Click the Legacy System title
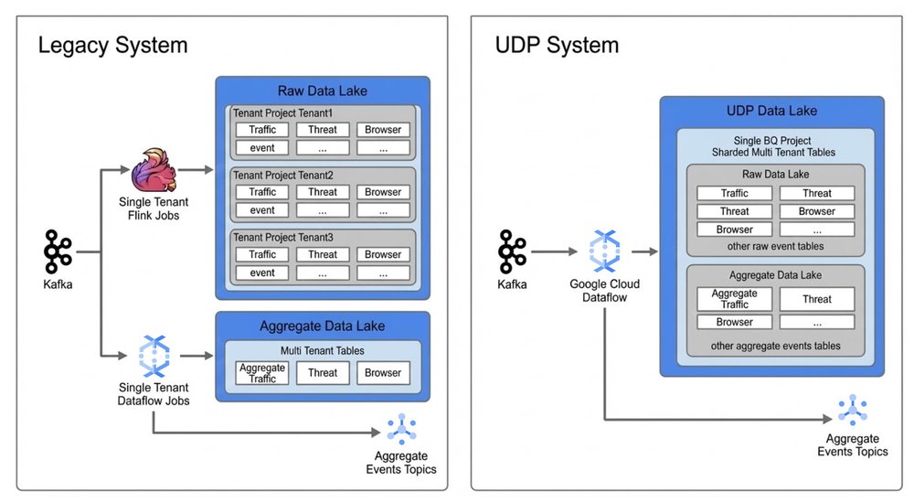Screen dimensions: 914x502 pos(113,46)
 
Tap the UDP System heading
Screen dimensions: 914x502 pos(557,46)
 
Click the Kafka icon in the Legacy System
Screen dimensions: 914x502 pos(58,251)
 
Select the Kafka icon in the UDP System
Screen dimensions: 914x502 pos(513,251)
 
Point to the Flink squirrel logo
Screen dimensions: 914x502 pos(154,170)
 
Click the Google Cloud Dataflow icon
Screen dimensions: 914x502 pos(604,251)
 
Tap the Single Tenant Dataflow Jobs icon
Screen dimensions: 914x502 pos(154,356)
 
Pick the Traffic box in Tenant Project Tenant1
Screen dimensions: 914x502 pos(262,130)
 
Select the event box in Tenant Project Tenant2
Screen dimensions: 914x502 pos(262,210)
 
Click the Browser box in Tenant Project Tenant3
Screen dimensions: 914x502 pos(383,254)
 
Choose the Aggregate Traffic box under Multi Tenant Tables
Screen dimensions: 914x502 pos(262,373)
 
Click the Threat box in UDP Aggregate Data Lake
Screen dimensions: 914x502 pos(816,299)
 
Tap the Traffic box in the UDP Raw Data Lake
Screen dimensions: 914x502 pos(735,193)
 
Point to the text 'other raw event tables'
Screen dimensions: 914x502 pos(775,246)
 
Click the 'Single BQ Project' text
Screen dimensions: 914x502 pos(771,141)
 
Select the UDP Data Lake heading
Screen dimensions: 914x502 pos(771,111)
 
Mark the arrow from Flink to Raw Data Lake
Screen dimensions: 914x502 pos(196,170)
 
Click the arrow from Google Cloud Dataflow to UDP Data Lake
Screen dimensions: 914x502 pos(644,251)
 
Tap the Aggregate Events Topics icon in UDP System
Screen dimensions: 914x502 pos(853,411)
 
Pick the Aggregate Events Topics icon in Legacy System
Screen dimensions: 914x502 pos(401,429)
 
